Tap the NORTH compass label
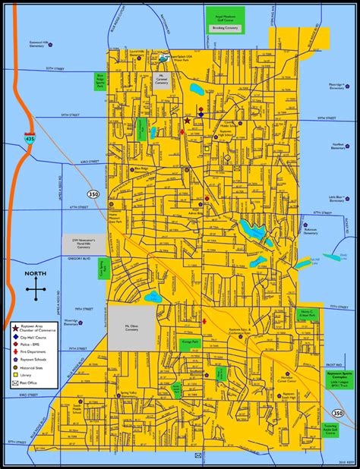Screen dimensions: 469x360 (x=36, y=275)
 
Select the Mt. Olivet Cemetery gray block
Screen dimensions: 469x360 (x=134, y=326)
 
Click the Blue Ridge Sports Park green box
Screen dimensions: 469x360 (x=101, y=81)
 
